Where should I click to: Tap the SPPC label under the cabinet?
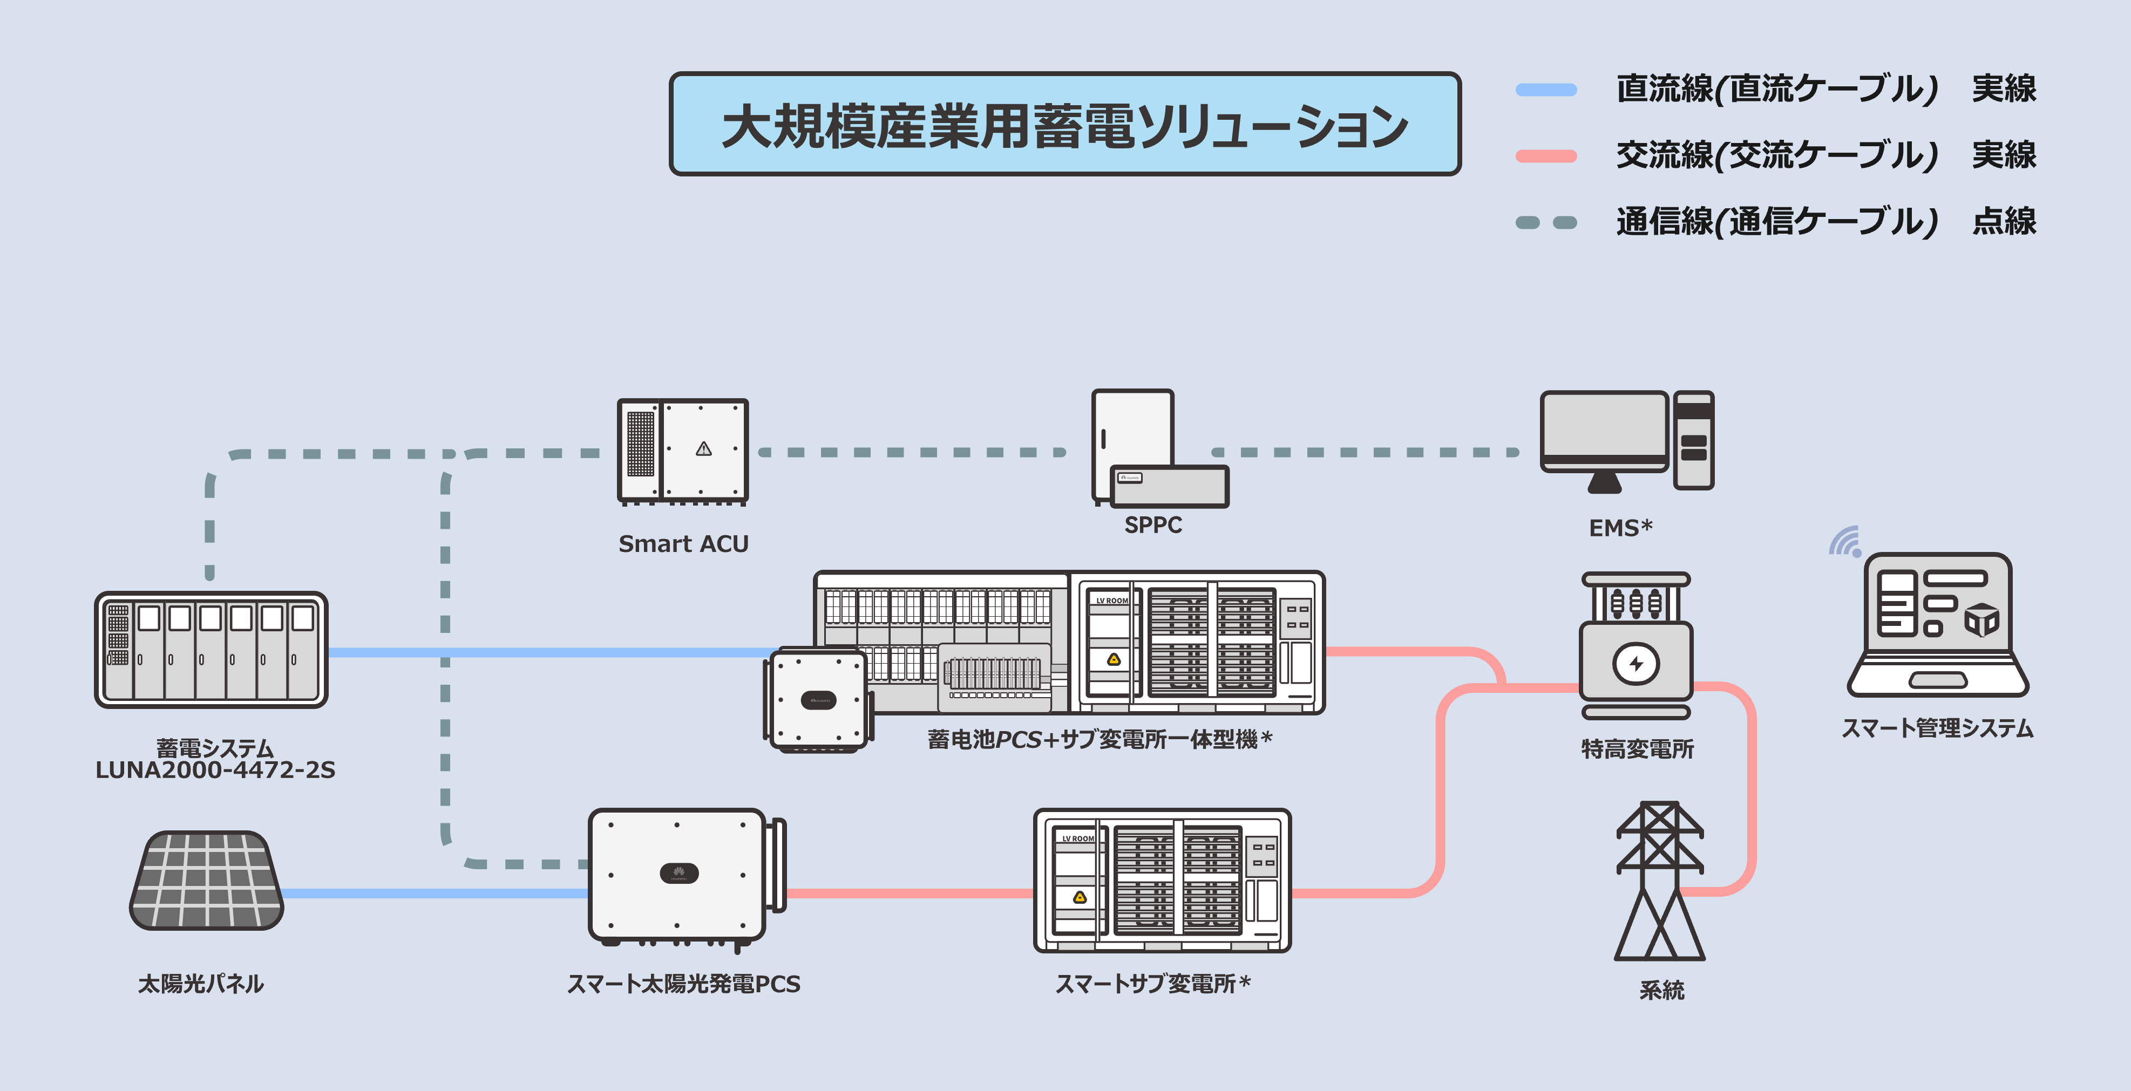pyautogui.click(x=1152, y=524)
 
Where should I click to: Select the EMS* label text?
pyautogui.click(x=1620, y=528)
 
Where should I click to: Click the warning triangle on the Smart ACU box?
pyautogui.click(x=704, y=449)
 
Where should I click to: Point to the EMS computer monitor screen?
pyautogui.click(x=1603, y=425)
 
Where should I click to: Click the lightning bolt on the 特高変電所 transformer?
pyautogui.click(x=1635, y=663)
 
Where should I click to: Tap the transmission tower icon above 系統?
pyautogui.click(x=1659, y=881)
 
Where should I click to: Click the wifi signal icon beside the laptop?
pyautogui.click(x=1845, y=542)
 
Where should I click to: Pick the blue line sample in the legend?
pyautogui.click(x=1545, y=90)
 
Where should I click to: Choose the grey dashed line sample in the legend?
pyautogui.click(x=1545, y=222)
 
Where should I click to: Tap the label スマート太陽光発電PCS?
pyautogui.click(x=683, y=984)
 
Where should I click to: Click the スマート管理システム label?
pyautogui.click(x=1937, y=728)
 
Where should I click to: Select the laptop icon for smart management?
pyautogui.click(x=1937, y=624)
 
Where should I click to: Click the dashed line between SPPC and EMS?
pyautogui.click(x=1365, y=453)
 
